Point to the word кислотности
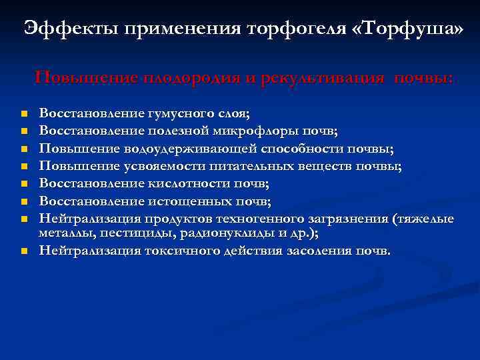click(x=171, y=183)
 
